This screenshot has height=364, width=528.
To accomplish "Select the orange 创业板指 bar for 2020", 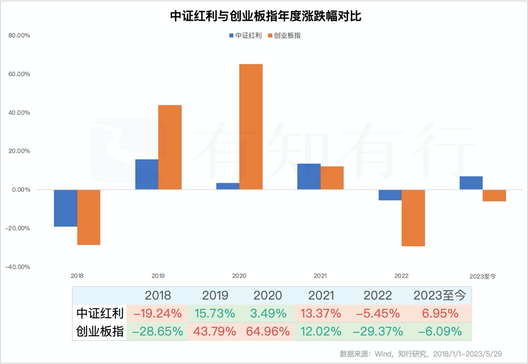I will (251, 127).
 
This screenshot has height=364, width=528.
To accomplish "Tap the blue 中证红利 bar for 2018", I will (65, 208).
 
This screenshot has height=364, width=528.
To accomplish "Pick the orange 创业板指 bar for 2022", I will (413, 218).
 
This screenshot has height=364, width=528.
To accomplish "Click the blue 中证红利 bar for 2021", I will (309, 177).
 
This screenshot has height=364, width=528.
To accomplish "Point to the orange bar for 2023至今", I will (494, 195).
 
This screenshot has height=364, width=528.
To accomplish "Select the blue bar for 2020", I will (227, 186).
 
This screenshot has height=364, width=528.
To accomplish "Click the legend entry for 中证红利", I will (245, 36).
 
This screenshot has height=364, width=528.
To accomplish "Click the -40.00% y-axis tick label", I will (18, 267).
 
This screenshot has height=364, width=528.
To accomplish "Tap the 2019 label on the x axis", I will (158, 276).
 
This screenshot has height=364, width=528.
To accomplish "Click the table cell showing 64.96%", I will (268, 332).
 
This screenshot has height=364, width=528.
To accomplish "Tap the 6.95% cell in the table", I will (440, 314).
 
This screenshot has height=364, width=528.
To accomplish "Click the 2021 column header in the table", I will (321, 296).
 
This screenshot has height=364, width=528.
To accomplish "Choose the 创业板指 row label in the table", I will (100, 332).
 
